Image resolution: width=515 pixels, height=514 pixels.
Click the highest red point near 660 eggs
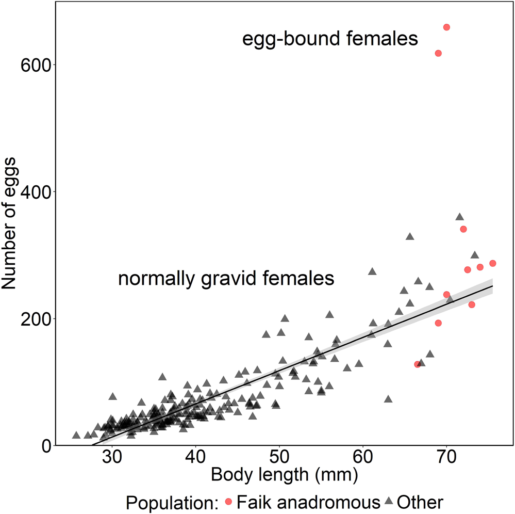[x=446, y=27]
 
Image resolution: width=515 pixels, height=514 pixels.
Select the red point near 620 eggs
[x=438, y=53]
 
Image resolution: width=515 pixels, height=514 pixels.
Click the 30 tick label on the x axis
[x=111, y=458]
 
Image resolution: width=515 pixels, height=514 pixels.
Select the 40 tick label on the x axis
[x=195, y=458]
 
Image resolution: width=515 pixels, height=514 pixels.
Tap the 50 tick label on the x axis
[x=279, y=458]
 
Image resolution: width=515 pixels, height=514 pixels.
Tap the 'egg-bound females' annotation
[x=330, y=39]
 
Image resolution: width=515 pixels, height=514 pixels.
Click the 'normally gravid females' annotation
[x=226, y=279]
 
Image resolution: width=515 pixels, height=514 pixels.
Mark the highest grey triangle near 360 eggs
[x=459, y=217]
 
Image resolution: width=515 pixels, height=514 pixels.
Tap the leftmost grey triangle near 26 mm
[x=76, y=436]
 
